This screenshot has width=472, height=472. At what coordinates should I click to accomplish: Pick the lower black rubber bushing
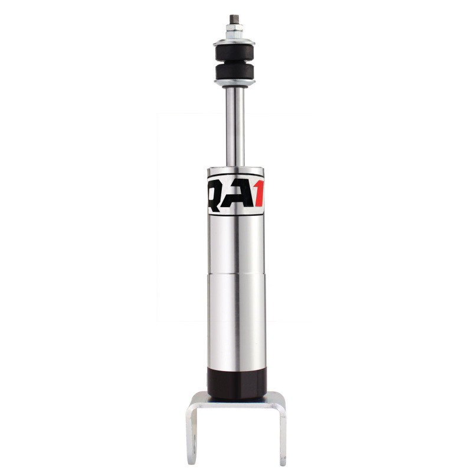[235, 73]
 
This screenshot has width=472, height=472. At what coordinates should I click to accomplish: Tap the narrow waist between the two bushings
[235, 62]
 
